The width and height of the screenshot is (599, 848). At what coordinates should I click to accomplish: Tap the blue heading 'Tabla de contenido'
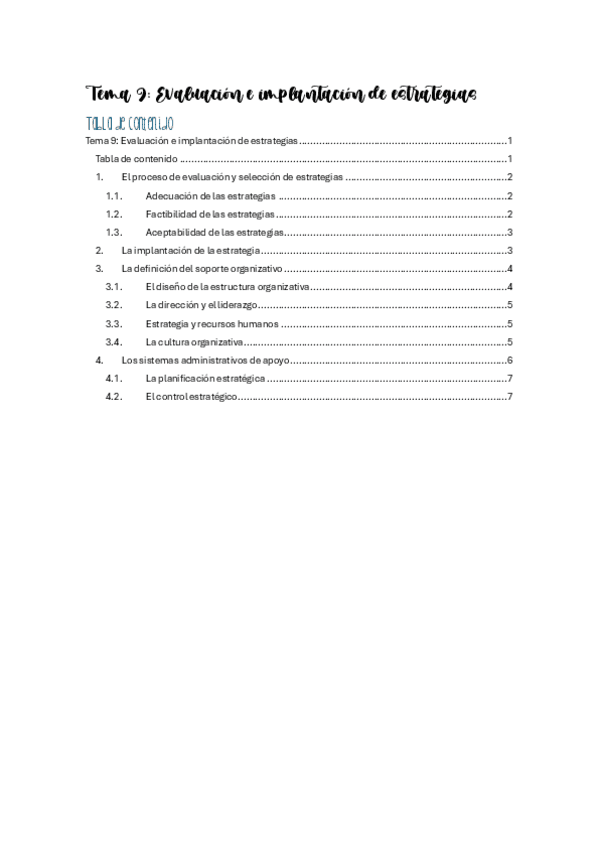tap(131, 123)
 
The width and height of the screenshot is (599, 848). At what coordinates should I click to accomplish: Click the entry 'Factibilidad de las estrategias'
tap(209, 214)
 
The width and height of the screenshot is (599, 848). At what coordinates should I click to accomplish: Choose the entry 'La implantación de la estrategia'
tap(191, 250)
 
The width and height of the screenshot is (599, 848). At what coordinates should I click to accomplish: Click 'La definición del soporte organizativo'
tap(201, 269)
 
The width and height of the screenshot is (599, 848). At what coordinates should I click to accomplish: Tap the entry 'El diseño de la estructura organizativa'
tap(227, 287)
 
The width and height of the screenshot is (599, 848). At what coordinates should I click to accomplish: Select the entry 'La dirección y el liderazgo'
tap(200, 305)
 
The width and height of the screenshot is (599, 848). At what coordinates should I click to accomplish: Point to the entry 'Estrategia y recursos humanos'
tap(211, 323)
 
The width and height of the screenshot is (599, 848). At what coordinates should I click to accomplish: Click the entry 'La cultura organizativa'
tap(194, 341)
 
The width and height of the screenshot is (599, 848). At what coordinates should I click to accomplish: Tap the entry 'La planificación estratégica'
tap(205, 378)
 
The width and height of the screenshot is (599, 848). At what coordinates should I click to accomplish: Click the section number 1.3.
tap(113, 232)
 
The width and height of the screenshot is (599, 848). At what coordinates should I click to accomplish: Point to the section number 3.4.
tap(113, 341)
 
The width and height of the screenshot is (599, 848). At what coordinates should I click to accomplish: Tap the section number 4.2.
tap(113, 396)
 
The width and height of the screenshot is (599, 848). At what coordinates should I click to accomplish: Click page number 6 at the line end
tap(510, 360)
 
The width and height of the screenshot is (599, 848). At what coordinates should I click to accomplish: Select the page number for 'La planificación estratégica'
tap(510, 378)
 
